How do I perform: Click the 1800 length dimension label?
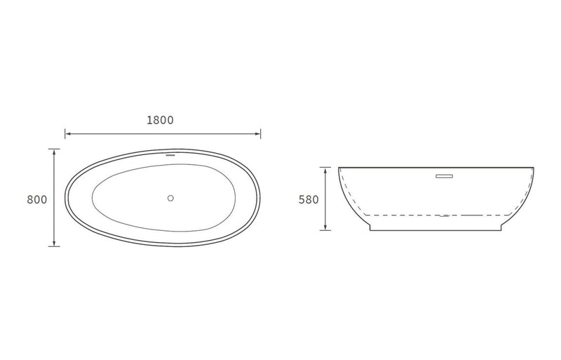click(x=160, y=120)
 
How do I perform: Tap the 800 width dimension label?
click(x=36, y=199)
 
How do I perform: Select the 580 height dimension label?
click(x=309, y=199)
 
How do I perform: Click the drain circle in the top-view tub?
click(x=170, y=198)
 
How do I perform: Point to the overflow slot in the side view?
click(x=445, y=176)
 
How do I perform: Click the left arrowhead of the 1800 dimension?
click(x=67, y=133)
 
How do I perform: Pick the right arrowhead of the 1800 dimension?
click(x=259, y=133)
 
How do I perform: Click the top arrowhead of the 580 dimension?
click(x=325, y=169)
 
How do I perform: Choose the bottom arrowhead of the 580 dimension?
click(x=325, y=228)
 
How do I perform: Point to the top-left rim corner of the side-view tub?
click(x=339, y=168)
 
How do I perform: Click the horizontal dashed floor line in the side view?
click(x=407, y=214)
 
